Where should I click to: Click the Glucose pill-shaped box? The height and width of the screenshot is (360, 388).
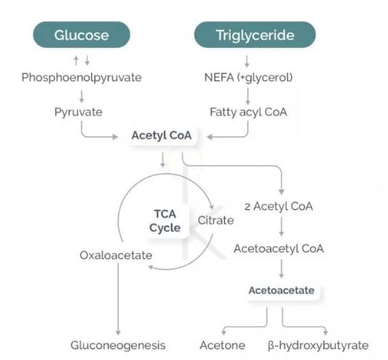pyautogui.click(x=82, y=35)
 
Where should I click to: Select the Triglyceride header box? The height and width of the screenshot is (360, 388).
pyautogui.click(x=255, y=35)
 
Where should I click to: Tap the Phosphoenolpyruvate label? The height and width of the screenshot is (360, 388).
pyautogui.click(x=82, y=78)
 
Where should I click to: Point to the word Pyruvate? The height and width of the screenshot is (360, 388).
pyautogui.click(x=79, y=112)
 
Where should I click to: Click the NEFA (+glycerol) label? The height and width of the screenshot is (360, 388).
pyautogui.click(x=248, y=78)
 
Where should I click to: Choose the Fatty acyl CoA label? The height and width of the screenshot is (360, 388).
pyautogui.click(x=248, y=112)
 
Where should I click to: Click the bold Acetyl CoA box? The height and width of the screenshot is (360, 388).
pyautogui.click(x=161, y=135)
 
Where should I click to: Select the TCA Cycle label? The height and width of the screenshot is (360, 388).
pyautogui.click(x=165, y=221)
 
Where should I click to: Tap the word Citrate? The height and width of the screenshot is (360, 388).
pyautogui.click(x=216, y=220)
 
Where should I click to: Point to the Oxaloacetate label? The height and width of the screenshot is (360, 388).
pyautogui.click(x=116, y=255)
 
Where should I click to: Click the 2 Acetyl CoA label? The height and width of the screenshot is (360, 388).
pyautogui.click(x=279, y=207)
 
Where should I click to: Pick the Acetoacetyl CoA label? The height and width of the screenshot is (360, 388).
pyautogui.click(x=279, y=248)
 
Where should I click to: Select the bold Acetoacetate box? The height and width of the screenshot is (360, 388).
pyautogui.click(x=282, y=290)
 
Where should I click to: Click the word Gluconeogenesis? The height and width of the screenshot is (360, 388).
pyautogui.click(x=118, y=346)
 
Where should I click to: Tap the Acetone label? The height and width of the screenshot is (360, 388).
pyautogui.click(x=223, y=345)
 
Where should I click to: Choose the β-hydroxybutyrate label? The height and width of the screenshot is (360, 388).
pyautogui.click(x=318, y=346)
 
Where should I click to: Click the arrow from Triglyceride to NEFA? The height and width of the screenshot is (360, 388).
pyautogui.click(x=247, y=61)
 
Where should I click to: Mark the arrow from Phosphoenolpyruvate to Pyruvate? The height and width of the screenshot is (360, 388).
pyautogui.click(x=82, y=96)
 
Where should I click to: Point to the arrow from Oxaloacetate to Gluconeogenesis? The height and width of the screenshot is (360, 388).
pyautogui.click(x=118, y=299)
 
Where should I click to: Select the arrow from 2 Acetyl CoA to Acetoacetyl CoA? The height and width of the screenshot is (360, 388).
pyautogui.click(x=282, y=226)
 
